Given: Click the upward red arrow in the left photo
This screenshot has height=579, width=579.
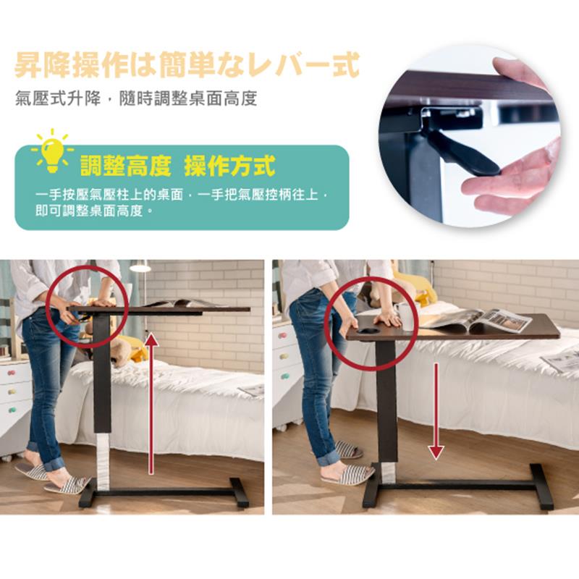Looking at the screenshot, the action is pos(151,403).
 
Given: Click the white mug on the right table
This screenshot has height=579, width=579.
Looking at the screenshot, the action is pos(405,317).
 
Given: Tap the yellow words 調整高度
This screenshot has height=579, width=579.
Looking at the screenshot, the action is pos(126,166).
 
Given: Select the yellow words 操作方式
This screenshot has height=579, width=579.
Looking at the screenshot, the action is pos(229,166).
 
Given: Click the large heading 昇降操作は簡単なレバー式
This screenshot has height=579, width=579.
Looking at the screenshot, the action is pos(187,65).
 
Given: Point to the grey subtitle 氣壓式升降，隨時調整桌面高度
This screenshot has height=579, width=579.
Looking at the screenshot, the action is pos(136,99).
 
